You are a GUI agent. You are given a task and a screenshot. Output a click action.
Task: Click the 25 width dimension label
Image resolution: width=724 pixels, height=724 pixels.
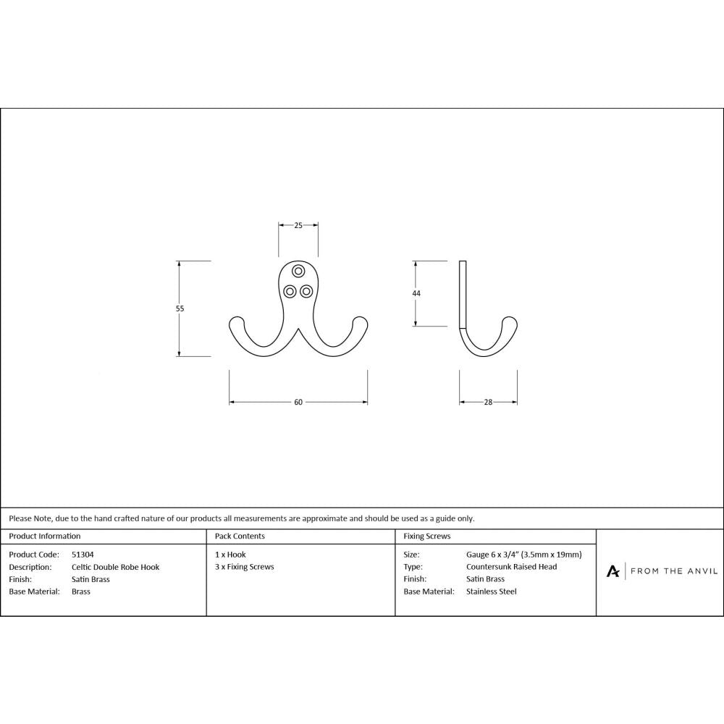pyautogui.click(x=298, y=226)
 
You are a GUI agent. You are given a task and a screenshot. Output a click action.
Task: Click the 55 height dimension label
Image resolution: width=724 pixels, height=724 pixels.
pyautogui.click(x=180, y=308)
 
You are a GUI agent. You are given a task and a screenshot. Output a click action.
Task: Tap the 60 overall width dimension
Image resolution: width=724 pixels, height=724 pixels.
pyautogui.click(x=298, y=403)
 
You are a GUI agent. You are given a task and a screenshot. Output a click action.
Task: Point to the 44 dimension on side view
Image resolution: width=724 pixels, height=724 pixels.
pyautogui.click(x=416, y=293)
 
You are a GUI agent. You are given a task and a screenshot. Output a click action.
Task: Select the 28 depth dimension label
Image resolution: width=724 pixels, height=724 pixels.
pyautogui.click(x=488, y=403)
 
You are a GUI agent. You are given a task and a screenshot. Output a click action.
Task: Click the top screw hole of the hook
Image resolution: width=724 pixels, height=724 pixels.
pyautogui.click(x=298, y=271)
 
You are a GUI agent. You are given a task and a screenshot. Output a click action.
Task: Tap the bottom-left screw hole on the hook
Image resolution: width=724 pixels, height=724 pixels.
pyautogui.click(x=290, y=291)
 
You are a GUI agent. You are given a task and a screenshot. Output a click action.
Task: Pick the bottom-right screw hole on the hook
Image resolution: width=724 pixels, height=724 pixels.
pyautogui.click(x=307, y=291)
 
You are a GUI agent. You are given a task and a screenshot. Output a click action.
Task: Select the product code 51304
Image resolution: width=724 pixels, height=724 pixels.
pyautogui.click(x=83, y=555)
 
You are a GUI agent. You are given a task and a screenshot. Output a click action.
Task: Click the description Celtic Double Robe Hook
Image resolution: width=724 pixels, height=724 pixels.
pyautogui.click(x=116, y=567)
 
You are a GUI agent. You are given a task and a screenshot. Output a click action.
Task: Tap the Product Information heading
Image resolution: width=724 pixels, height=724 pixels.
pyautogui.click(x=45, y=536)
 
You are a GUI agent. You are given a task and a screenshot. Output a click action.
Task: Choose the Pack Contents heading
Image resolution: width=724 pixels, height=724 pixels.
pyautogui.click(x=240, y=536)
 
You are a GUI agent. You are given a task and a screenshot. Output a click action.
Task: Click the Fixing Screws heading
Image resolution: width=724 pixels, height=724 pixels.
pyautogui.click(x=427, y=536)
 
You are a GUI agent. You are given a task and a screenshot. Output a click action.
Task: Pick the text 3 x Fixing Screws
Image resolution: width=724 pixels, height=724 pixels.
pyautogui.click(x=245, y=567)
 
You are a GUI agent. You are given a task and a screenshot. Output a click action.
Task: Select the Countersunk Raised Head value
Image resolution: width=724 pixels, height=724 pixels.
pyautogui.click(x=512, y=567)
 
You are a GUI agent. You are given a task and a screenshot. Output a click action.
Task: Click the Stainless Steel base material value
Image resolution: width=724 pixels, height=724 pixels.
pyautogui.click(x=492, y=592)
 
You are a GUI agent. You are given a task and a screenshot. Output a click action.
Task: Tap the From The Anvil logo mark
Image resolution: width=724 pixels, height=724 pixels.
pyautogui.click(x=613, y=572)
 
